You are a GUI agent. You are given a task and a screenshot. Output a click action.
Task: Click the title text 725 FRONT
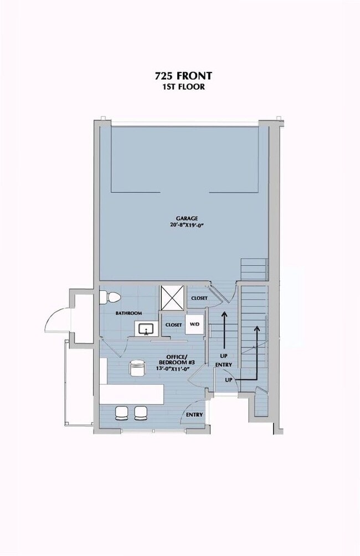[183, 75]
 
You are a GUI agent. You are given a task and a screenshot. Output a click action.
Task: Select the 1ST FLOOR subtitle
[183, 86]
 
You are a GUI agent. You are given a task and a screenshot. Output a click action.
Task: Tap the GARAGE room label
[187, 218]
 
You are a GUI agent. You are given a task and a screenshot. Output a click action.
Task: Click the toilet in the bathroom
[110, 297]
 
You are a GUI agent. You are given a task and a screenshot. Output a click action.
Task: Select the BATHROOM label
[128, 313]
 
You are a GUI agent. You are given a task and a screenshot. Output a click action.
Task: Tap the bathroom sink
[146, 328]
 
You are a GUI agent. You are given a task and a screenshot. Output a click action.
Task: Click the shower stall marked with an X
[172, 298]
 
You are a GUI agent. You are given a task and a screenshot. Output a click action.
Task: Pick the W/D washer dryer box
[194, 324]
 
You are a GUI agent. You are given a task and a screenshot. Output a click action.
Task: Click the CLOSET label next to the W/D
[174, 325]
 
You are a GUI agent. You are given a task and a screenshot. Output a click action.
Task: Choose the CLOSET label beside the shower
[199, 298]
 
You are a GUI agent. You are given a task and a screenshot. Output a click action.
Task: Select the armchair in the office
[138, 368]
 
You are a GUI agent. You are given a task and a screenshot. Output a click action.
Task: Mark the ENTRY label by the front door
[194, 415]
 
